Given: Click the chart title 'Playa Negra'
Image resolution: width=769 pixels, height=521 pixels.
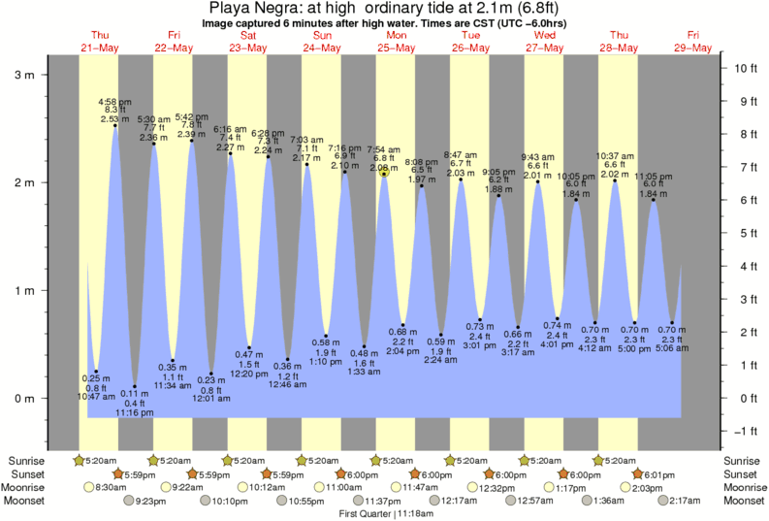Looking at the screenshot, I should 247,7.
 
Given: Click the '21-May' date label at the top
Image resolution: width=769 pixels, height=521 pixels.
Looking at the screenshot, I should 99,47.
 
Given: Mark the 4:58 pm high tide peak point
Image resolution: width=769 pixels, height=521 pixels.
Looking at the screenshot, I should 115,125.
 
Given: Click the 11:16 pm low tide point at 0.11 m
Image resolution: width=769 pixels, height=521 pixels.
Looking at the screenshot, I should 135,386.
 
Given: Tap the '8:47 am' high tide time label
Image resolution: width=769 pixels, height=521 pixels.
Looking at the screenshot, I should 461,155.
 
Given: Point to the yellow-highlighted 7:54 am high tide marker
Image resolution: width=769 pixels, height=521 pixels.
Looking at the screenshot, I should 384,173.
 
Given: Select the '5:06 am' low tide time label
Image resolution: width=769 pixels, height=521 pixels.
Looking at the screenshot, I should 672,348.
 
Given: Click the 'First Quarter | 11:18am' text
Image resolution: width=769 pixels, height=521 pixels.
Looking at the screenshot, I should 384,514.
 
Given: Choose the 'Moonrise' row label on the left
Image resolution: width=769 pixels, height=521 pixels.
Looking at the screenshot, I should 25,487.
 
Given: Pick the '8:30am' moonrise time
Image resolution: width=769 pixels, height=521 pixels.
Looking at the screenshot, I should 112,487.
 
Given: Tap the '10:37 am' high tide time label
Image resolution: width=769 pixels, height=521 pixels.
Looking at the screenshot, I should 614,155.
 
